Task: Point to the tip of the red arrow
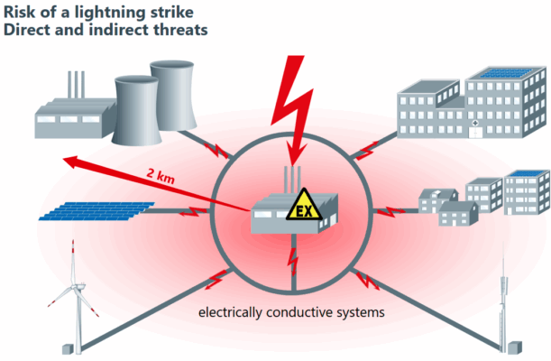click(65, 161)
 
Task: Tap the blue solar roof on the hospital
click(500, 74)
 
